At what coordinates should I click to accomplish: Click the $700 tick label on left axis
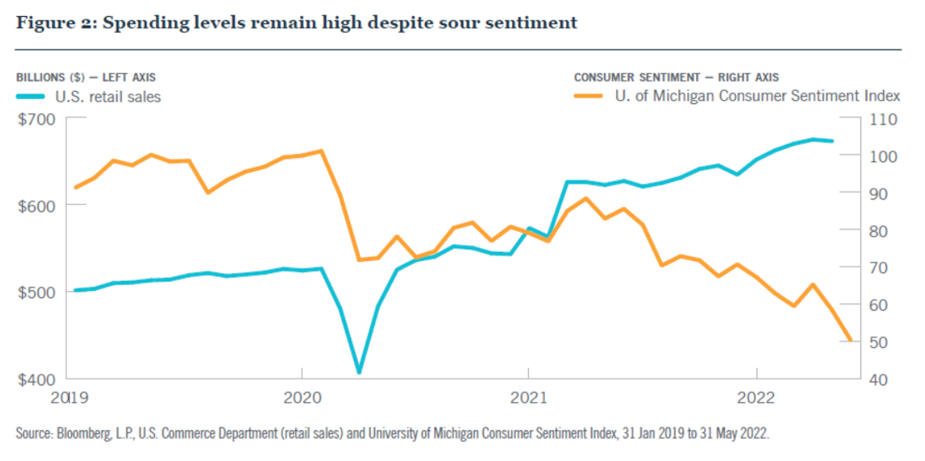coord(37,120)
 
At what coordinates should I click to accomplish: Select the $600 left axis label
coord(37,207)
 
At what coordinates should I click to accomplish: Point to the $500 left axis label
coord(37,293)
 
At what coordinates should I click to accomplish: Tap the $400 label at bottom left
coord(37,379)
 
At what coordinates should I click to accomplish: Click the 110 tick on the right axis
coord(883,120)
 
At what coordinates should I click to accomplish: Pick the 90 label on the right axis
coord(878,194)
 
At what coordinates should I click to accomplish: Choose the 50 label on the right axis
coord(878,343)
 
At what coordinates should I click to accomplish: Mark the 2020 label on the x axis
coord(302,398)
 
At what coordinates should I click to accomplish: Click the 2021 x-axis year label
coord(529,398)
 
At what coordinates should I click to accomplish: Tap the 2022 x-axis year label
coord(756,398)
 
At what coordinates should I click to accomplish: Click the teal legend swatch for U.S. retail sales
coord(31,97)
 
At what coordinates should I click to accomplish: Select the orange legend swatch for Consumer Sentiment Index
coord(588,96)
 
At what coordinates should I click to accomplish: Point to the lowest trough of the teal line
coord(359,372)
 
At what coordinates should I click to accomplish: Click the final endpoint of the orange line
coord(851,340)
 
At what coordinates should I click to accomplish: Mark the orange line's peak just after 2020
coord(321,151)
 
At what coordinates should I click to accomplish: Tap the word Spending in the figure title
coord(146,23)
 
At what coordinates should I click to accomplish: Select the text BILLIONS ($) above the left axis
coord(51,78)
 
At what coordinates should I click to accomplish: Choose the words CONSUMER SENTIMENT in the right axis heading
coord(637,78)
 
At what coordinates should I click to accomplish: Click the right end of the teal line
coord(832,141)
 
